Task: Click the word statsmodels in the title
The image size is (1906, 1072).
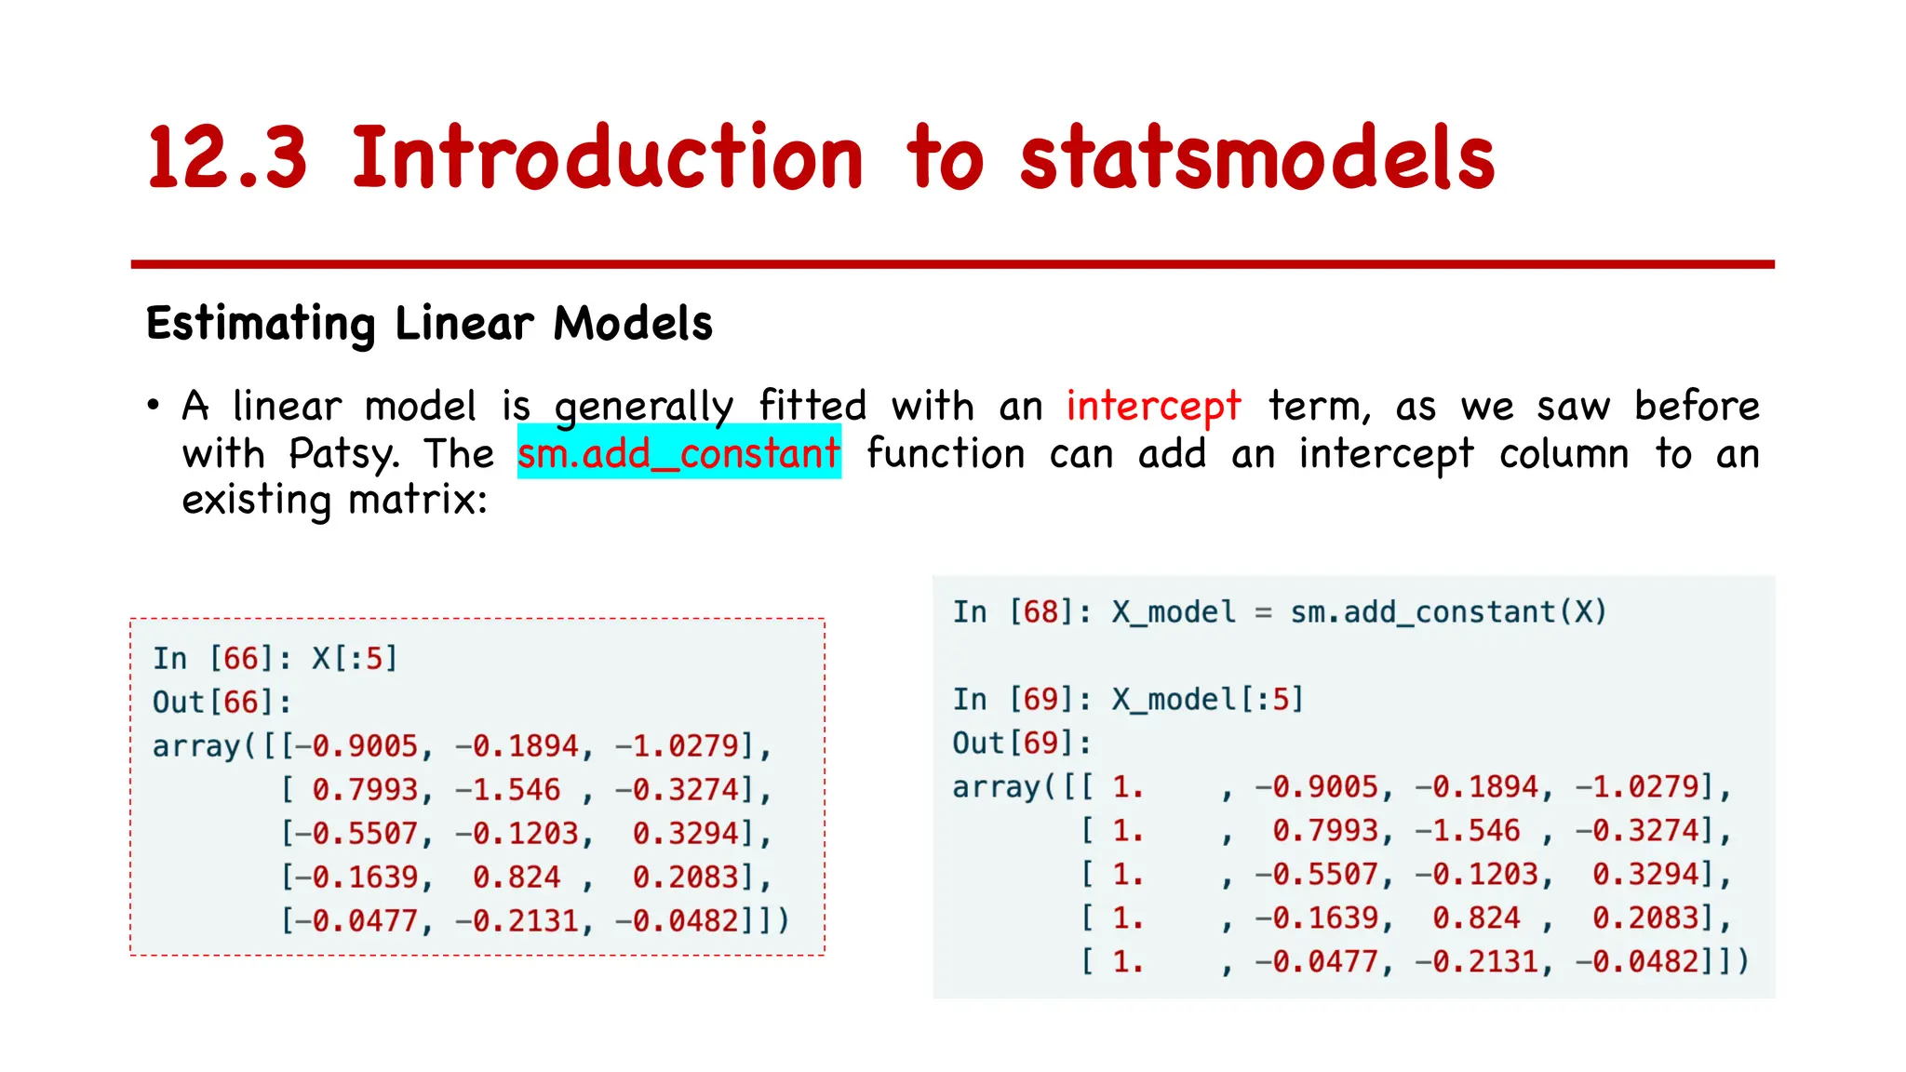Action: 1256,158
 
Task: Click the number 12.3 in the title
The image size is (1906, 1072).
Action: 227,158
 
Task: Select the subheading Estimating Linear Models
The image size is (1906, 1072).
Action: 429,324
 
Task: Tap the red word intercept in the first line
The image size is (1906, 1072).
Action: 1153,407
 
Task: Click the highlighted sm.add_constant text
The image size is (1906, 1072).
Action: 678,453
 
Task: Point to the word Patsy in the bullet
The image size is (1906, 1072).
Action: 343,454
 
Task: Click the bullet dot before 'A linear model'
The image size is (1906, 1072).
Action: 154,406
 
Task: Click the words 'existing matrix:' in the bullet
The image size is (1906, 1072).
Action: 334,501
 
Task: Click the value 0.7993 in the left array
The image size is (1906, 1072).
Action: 365,790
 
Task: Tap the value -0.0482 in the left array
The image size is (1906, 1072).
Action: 685,921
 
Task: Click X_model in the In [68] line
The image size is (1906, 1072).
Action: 1174,612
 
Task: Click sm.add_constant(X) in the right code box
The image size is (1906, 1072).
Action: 1448,612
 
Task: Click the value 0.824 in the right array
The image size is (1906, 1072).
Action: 1476,918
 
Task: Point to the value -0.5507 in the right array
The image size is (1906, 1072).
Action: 1316,875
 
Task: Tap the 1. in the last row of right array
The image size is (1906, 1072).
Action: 1127,962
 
